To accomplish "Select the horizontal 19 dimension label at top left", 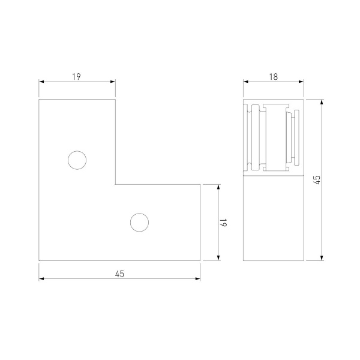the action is pos(76,77).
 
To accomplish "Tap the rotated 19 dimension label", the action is pos(223,222).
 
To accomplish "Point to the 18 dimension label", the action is pos(274,77).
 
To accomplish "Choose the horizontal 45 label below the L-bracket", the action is pos(119,274).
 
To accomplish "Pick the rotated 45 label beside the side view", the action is pos(317,180).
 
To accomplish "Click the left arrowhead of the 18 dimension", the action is pos(246,82).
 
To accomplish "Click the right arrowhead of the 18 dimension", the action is pos(301,82).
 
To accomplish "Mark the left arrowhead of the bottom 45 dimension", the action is pos(41,279).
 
